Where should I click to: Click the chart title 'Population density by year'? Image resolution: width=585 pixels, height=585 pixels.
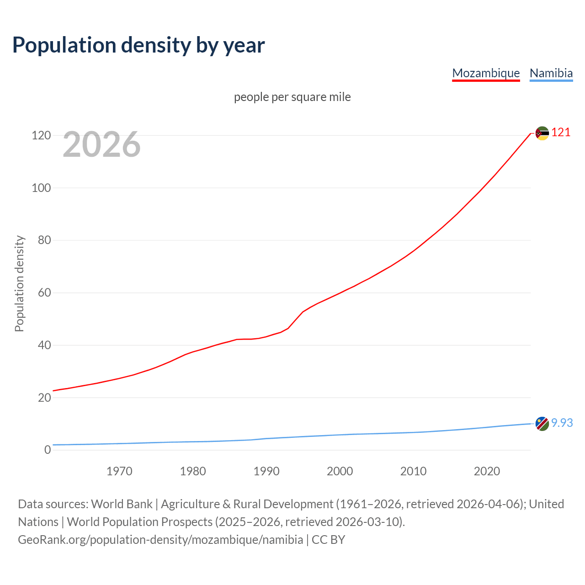138,45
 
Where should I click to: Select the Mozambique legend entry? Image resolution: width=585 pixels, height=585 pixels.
486,73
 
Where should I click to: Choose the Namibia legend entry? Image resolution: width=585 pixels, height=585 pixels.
551,73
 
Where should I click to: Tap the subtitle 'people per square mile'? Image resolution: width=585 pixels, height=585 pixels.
292,97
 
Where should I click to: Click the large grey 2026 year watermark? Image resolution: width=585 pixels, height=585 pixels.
101,144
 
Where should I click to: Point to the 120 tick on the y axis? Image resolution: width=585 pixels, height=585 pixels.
41,136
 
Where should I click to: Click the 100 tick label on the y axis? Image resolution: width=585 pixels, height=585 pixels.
41,188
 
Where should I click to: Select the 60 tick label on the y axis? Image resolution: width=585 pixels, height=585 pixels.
44,292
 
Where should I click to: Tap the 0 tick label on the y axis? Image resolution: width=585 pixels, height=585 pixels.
48,450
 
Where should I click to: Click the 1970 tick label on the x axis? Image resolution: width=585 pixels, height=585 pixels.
119,471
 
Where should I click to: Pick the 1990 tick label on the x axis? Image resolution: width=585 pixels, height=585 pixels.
266,471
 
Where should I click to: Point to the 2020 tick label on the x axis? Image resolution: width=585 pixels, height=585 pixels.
487,471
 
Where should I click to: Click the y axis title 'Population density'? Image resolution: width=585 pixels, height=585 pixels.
19,283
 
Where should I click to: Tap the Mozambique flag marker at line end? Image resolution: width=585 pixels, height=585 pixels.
542,133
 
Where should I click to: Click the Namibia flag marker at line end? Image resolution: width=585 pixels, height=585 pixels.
542,424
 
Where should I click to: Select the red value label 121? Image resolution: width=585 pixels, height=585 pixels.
561,133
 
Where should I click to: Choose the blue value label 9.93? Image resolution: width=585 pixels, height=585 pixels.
562,423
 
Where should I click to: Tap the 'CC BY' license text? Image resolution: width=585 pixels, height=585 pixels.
328,540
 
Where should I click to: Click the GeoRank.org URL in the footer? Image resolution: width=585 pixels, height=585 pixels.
160,540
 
